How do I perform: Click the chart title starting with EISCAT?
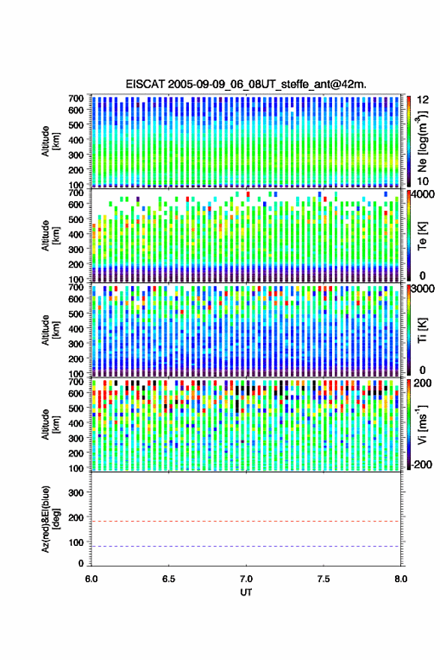tap(246, 84)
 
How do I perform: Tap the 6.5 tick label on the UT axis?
tap(169, 579)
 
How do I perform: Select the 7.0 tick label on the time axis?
tap(246, 579)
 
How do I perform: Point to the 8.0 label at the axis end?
tap(400, 579)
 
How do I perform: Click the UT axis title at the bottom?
tap(246, 592)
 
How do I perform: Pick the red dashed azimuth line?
tap(246, 521)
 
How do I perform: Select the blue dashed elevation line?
tap(246, 547)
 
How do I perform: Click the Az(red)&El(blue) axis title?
tap(50, 519)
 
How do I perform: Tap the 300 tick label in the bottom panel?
tap(76, 493)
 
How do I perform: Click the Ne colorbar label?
tap(422, 141)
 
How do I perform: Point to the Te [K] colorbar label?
tap(422, 237)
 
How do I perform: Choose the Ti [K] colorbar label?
tap(422, 330)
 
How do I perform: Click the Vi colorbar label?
tap(422, 425)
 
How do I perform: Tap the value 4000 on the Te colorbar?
tap(423, 195)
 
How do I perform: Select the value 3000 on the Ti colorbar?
tap(423, 289)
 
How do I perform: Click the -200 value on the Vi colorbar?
tap(421, 465)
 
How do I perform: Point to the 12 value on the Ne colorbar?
tap(423, 100)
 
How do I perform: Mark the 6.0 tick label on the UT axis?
tap(91, 579)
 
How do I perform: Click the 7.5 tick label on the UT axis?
tap(323, 579)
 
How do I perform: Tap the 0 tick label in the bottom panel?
tap(81, 564)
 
